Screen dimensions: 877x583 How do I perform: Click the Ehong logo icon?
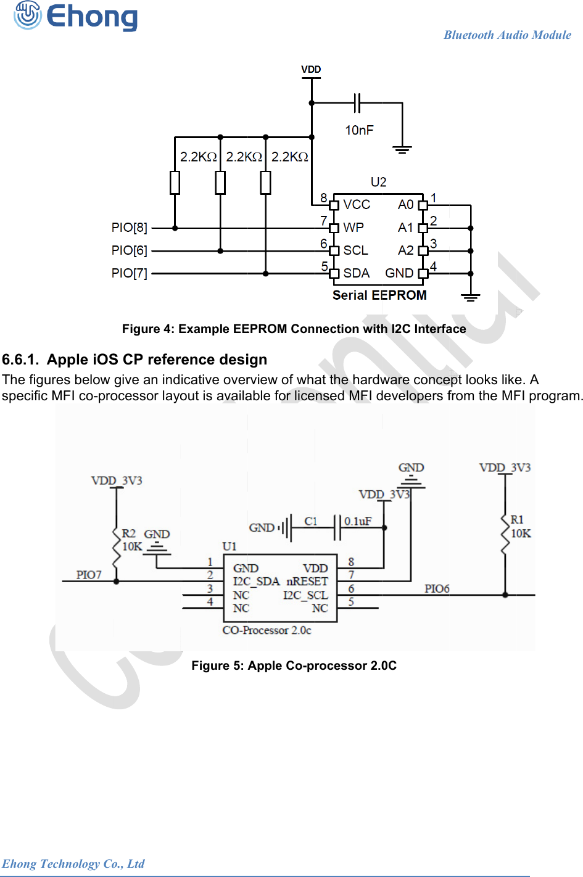pyautogui.click(x=28, y=15)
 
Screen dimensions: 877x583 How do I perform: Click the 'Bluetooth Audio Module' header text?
pyautogui.click(x=507, y=35)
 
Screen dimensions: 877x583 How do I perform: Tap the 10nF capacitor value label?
pyautogui.click(x=359, y=130)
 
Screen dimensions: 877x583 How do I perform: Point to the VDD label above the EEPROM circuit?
pyautogui.click(x=311, y=70)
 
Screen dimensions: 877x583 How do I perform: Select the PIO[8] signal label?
pyautogui.click(x=130, y=228)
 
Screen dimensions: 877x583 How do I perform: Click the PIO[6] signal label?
pyautogui.click(x=130, y=250)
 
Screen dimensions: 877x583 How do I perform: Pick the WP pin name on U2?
pyautogui.click(x=354, y=228)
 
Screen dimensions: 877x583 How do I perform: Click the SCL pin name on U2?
pyautogui.click(x=355, y=250)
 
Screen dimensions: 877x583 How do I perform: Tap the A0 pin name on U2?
pyautogui.click(x=405, y=205)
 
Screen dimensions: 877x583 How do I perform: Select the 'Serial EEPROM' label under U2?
pyautogui.click(x=379, y=295)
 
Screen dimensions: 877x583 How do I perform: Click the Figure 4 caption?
pyautogui.click(x=294, y=329)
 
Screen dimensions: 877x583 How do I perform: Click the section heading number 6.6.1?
pyautogui.click(x=20, y=360)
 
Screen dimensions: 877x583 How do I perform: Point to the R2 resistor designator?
pyautogui.click(x=128, y=533)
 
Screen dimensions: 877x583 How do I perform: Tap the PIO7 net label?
pyautogui.click(x=89, y=575)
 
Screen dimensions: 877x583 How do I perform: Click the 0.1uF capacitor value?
pyautogui.click(x=358, y=522)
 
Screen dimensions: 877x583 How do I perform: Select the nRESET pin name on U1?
pyautogui.click(x=307, y=582)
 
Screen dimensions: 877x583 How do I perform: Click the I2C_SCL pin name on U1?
pyautogui.click(x=305, y=595)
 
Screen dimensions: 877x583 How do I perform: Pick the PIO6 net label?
pyautogui.click(x=437, y=589)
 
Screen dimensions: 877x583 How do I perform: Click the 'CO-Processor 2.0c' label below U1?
pyautogui.click(x=267, y=630)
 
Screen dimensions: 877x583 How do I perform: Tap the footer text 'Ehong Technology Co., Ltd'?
pyautogui.click(x=73, y=863)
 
